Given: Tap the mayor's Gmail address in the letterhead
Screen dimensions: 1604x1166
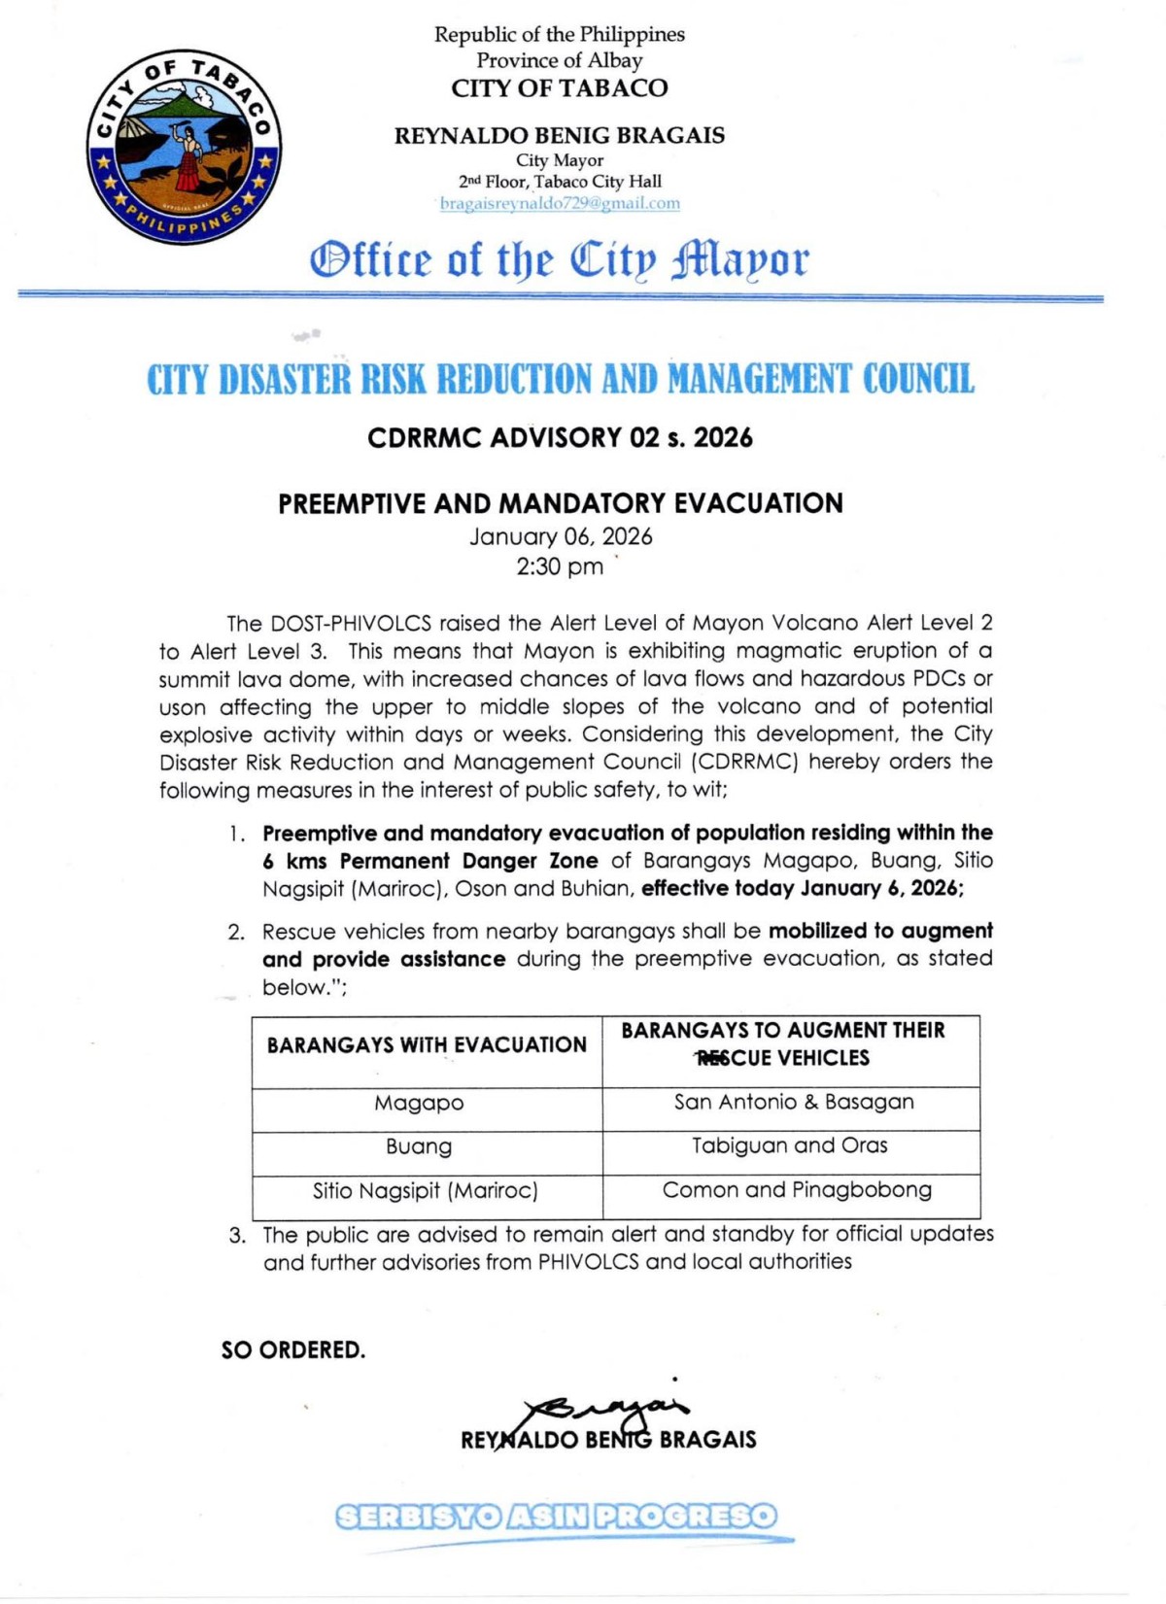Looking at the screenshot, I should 560,204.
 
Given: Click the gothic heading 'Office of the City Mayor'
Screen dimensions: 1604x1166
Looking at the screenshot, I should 559,259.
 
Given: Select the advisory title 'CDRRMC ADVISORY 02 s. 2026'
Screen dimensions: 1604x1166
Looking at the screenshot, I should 560,438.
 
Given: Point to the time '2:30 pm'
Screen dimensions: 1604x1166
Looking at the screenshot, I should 560,566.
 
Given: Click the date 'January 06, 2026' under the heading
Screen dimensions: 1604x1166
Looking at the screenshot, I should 561,537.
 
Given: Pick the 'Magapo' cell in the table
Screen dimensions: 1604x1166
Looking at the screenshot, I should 420,1104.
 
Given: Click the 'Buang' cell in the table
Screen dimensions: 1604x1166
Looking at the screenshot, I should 419,1146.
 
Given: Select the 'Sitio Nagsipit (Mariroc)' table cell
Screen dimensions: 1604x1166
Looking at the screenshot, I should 426,1190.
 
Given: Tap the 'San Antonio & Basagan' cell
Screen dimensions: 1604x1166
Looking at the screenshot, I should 794,1102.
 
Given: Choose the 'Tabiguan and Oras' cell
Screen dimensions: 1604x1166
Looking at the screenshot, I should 790,1145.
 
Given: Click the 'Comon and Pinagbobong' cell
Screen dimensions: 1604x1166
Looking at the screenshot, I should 797,1190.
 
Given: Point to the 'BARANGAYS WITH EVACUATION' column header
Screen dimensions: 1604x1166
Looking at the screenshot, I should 427,1045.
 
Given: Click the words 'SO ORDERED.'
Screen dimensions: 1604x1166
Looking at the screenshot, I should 293,1350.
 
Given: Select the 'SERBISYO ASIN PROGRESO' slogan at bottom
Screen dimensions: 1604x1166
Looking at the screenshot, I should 556,1517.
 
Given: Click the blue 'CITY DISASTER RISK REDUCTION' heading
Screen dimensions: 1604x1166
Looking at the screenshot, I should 560,379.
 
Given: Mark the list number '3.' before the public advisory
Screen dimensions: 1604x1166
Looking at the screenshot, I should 237,1236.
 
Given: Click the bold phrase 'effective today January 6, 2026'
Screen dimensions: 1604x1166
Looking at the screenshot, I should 802,889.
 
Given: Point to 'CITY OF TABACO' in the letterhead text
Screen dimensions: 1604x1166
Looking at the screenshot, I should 560,88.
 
